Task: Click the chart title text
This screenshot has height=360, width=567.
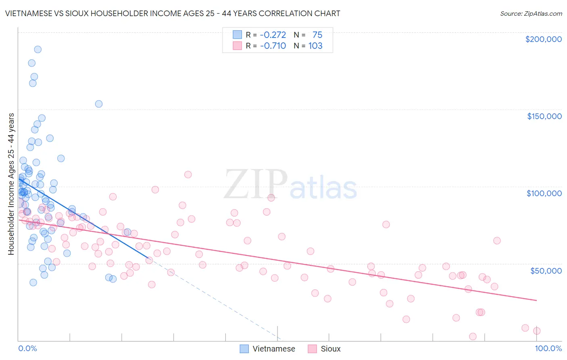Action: (x=173, y=13)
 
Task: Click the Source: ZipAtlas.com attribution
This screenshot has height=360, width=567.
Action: (x=531, y=13)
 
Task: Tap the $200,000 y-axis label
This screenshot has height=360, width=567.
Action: (x=543, y=39)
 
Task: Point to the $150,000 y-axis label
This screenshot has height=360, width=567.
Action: (x=544, y=116)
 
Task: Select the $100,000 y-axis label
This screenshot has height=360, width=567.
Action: (x=544, y=193)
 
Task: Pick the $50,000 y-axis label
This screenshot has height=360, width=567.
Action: (x=546, y=270)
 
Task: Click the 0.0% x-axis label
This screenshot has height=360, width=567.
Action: (x=27, y=348)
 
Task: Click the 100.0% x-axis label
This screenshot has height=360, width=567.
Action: (x=548, y=348)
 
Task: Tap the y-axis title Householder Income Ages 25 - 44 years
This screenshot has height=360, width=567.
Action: (x=11, y=184)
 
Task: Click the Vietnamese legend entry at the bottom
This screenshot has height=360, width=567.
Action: (x=267, y=349)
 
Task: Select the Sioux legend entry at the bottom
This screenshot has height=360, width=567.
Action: (x=324, y=349)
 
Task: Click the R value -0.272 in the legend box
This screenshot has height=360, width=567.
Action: (x=273, y=35)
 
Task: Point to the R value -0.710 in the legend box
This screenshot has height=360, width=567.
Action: (x=273, y=46)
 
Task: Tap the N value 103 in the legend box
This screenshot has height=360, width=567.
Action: (x=315, y=46)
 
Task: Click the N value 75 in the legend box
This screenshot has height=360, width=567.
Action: (x=317, y=35)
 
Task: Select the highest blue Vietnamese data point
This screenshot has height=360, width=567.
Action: (x=38, y=49)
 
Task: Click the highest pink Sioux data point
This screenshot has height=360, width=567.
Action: (x=188, y=174)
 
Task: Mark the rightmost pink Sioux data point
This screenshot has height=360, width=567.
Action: (x=537, y=331)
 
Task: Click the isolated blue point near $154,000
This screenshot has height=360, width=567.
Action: (x=98, y=104)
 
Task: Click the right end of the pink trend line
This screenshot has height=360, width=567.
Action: (x=537, y=300)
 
